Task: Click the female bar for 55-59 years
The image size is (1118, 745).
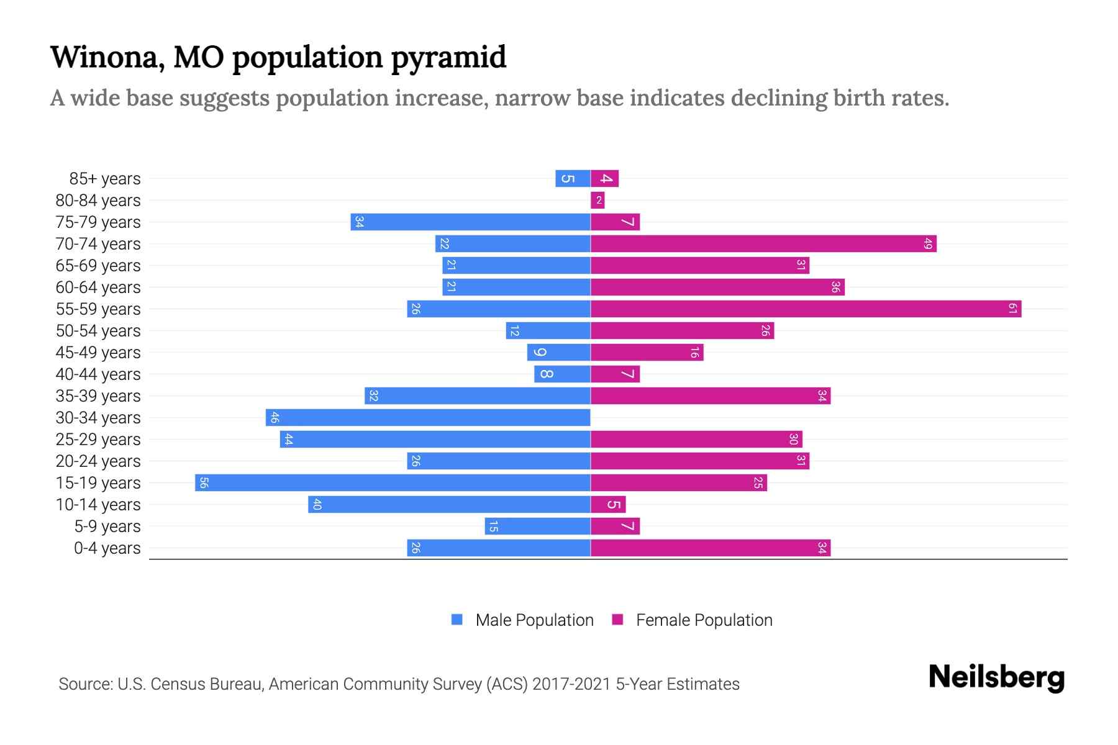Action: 806,309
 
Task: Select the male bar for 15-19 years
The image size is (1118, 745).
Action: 393,482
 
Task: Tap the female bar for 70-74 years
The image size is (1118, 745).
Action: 763,243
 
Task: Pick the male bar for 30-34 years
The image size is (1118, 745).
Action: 428,417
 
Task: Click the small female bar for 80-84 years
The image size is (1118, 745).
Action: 598,200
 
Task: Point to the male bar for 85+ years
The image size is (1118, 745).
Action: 573,178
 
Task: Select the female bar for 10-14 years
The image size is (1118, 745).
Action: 608,504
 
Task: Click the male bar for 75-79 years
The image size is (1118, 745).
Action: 470,222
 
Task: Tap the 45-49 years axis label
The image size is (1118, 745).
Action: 98,352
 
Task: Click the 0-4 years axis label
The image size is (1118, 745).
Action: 107,548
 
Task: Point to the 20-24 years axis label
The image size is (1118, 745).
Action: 98,461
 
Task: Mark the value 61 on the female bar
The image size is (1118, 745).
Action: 1012,309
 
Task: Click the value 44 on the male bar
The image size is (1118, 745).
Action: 288,439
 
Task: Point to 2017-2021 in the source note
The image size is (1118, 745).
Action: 571,684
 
